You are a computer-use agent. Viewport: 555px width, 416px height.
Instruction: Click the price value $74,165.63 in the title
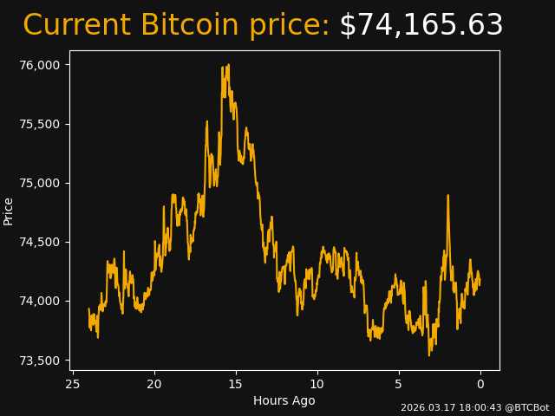coord(421,26)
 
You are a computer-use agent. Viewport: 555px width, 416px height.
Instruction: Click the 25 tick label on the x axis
coord(73,384)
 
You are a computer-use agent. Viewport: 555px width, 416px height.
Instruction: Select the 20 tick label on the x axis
coord(154,384)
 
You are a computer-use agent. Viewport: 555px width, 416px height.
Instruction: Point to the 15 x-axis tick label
coord(236,384)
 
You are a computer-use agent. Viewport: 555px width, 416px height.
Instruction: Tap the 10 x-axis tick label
coord(317,384)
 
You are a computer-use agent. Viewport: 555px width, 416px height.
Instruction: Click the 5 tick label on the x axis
coord(399,384)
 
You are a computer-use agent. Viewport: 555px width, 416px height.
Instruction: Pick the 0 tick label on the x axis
coord(480,384)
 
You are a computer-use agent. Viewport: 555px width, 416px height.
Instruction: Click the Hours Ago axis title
coord(284,400)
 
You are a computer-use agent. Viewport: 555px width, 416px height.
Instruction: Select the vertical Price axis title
coord(9,211)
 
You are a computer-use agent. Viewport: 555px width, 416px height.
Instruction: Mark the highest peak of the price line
coord(228,65)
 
